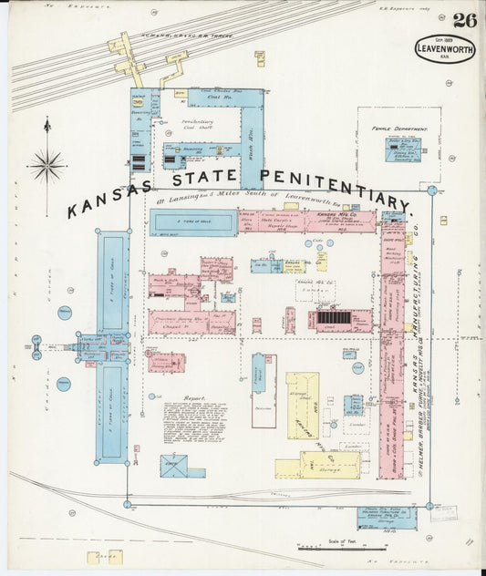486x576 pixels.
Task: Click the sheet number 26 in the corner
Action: (463, 20)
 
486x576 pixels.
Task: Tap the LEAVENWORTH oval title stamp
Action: (444, 47)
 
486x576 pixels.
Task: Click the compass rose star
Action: (47, 165)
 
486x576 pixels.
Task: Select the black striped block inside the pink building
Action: (333, 318)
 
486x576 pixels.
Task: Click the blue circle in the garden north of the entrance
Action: (65, 313)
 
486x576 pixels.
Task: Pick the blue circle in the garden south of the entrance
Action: (64, 384)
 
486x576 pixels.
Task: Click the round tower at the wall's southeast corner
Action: (429, 504)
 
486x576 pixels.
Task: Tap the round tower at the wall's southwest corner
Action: (128, 504)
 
